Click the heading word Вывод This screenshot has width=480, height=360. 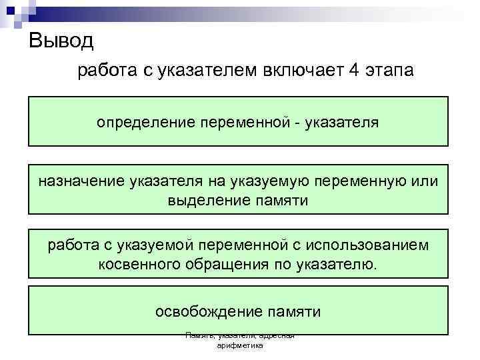click(62, 42)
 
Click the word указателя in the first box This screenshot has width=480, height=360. click(342, 123)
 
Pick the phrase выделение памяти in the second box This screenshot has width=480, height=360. click(238, 200)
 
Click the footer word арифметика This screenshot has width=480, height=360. click(240, 347)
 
